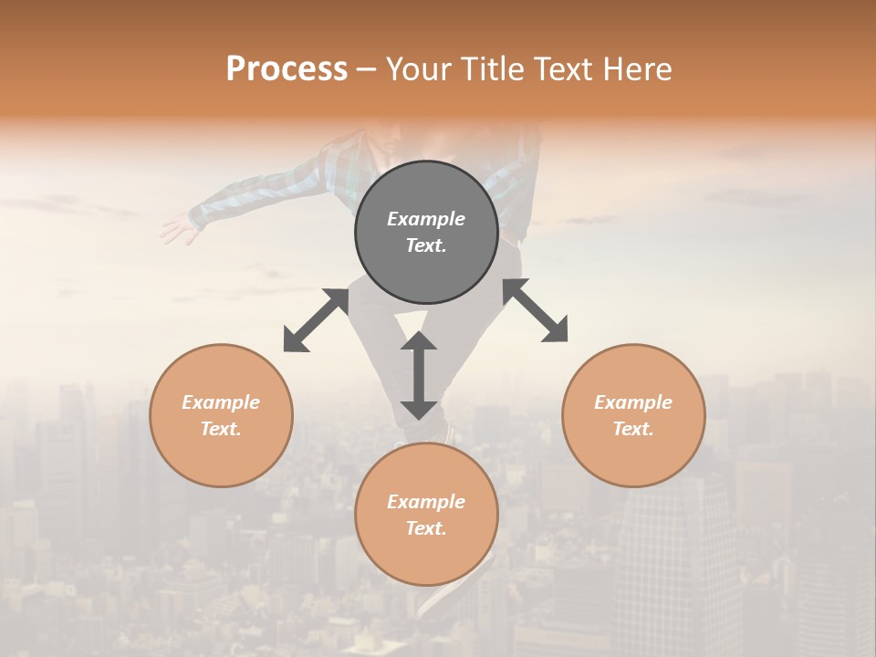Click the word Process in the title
click(287, 69)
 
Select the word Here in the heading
click(639, 69)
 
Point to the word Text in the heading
click(565, 69)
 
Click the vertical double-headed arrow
click(419, 375)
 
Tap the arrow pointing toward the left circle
click(316, 320)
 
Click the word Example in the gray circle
click(426, 219)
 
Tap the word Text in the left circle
click(221, 429)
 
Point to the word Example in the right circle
click(633, 402)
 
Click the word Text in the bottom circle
click(426, 528)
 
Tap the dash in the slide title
click(367, 70)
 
